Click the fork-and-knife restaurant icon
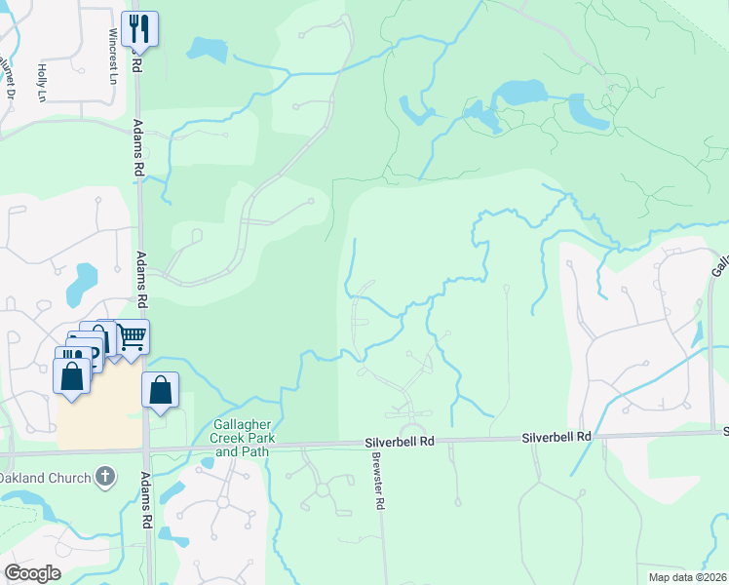pyautogui.click(x=139, y=28)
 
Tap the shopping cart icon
pyautogui.click(x=132, y=337)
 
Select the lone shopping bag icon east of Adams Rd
pyautogui.click(x=161, y=390)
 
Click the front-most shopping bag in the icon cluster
pyautogui.click(x=72, y=376)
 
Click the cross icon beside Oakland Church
pyautogui.click(x=105, y=477)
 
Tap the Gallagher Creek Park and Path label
pyautogui.click(x=245, y=439)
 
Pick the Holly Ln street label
pyautogui.click(x=42, y=82)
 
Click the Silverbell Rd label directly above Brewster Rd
pyautogui.click(x=400, y=442)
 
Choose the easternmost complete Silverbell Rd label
pyautogui.click(x=556, y=437)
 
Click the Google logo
pyautogui.click(x=32, y=572)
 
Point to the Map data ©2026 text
pyautogui.click(x=686, y=576)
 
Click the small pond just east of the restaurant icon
pyautogui.click(x=205, y=48)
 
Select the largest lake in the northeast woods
pyautogui.click(x=525, y=93)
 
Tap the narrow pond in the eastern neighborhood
pyautogui.click(x=696, y=333)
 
